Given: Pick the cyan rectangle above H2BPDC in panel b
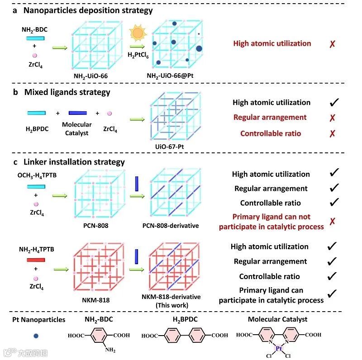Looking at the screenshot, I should (35, 113).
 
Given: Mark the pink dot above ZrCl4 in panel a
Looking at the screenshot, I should (35, 55).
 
